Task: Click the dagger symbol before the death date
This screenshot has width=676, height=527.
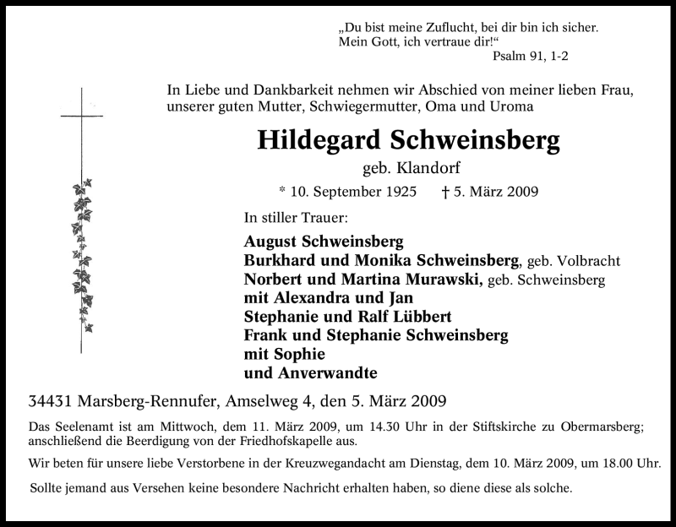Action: pos(444,192)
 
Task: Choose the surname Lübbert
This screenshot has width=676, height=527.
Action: pos(418,317)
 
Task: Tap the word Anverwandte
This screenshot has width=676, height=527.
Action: pos(326,372)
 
